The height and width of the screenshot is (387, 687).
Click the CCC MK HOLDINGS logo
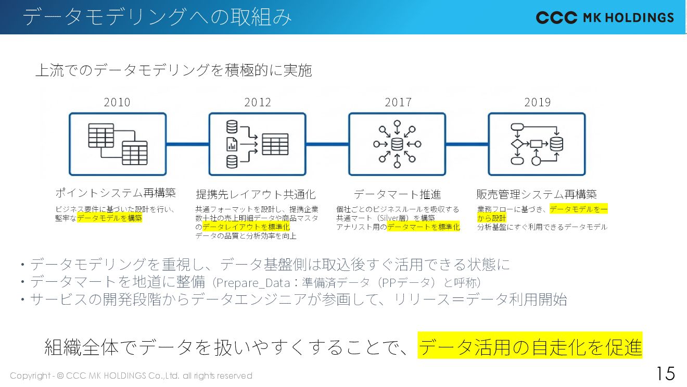605,18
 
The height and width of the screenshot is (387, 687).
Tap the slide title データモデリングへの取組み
157,17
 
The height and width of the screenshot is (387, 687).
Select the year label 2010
117,102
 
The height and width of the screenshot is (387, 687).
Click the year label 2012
258,102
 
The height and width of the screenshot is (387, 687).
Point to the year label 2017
398,102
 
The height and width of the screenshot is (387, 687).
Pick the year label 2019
538,102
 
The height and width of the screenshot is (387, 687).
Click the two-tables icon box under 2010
118,144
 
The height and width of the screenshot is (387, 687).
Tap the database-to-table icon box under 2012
258,144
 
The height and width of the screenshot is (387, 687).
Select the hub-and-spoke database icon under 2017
397,144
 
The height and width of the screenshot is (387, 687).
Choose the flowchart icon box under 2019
537,144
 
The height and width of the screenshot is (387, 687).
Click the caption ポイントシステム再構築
116,193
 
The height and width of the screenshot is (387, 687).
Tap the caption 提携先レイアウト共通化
256,195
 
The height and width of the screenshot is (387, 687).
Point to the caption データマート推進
398,195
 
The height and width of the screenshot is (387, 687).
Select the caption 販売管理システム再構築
537,195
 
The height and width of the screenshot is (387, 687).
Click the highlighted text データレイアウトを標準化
246,227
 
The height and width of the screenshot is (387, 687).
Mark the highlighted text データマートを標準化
424,227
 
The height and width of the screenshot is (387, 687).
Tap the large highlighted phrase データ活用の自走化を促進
530,346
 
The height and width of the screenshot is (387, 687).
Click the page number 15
665,373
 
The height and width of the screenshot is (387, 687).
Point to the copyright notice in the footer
131,376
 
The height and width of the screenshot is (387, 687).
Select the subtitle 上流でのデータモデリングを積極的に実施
174,70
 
